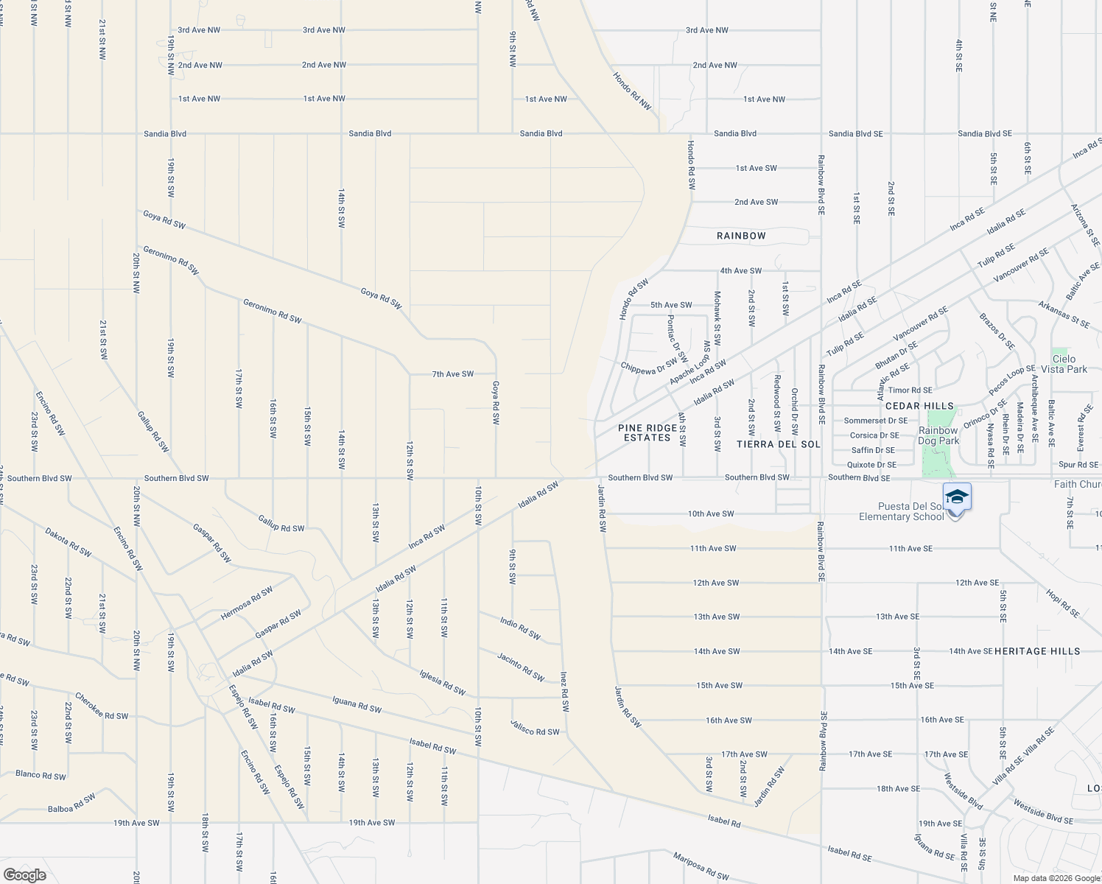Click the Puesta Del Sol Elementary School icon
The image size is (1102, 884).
(956, 498)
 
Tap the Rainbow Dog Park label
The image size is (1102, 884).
(938, 435)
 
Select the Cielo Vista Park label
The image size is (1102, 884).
(1064, 364)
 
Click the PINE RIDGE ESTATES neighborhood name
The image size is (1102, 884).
(647, 432)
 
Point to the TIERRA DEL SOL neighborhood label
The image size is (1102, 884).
(778, 444)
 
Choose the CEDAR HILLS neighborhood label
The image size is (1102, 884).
(919, 406)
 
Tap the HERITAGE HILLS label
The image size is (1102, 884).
(1037, 651)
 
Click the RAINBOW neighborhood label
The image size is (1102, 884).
(741, 236)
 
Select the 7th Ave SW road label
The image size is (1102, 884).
(452, 374)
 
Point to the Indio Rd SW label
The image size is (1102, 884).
(520, 628)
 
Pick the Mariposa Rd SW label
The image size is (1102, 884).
(701, 866)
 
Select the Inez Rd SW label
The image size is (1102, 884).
(564, 690)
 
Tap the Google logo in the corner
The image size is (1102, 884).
(24, 874)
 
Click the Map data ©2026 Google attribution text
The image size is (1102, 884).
(1055, 878)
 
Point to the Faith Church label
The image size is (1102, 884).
(1077, 484)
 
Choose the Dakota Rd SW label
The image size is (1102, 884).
(68, 541)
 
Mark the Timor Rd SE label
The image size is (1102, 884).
(910, 390)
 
